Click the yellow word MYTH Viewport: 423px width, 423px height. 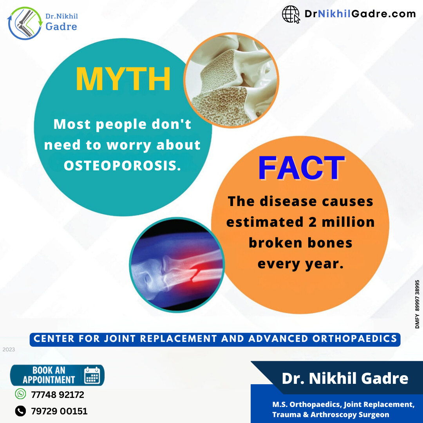click(123, 79)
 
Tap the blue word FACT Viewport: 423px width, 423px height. click(301, 168)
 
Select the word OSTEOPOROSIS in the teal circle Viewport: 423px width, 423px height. click(122, 165)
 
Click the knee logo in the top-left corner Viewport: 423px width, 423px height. click(25, 23)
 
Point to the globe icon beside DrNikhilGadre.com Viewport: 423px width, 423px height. click(291, 14)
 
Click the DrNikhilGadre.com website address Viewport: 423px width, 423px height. click(360, 14)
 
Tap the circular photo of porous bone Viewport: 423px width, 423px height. click(231, 80)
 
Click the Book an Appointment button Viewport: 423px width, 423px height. click(57, 375)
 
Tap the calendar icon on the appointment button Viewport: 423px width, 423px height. click(92, 375)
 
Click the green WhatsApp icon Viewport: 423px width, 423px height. click(20, 394)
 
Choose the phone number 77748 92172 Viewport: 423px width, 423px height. click(58, 395)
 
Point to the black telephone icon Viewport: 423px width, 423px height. click(20, 411)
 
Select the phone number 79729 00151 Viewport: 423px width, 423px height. click(59, 411)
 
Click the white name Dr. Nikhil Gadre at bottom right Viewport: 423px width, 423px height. click(345, 378)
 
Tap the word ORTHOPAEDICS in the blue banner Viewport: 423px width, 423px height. click(354, 338)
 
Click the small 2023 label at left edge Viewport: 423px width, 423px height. click(9, 349)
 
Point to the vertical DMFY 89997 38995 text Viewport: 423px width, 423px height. click(417, 304)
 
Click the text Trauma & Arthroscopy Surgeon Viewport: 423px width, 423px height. click(331, 414)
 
